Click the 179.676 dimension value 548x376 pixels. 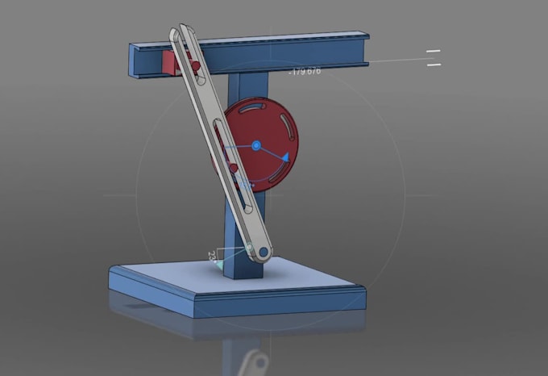point(305,71)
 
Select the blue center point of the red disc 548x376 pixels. point(256,145)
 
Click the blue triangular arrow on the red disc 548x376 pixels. point(284,157)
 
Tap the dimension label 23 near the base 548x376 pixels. point(212,255)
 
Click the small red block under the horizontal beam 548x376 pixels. point(169,64)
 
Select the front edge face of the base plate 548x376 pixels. point(274,306)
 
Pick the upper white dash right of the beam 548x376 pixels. point(434,52)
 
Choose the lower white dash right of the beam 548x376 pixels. point(434,65)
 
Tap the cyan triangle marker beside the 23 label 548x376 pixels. point(220,265)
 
